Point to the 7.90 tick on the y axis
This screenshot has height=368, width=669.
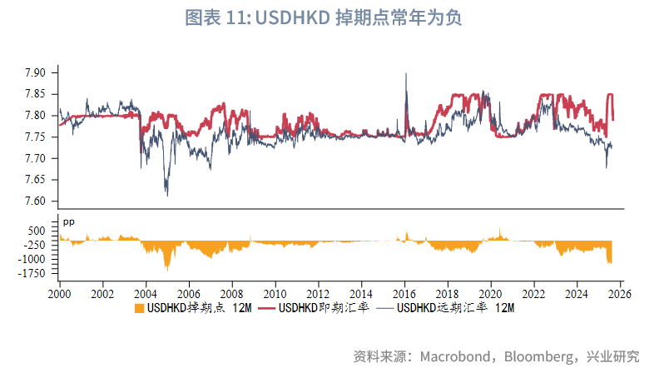tap(36, 72)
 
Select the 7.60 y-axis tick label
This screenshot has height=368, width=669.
tap(36, 201)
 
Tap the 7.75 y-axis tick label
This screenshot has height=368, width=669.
tap(36, 137)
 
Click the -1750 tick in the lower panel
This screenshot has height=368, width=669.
tap(34, 273)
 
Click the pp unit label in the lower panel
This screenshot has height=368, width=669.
tap(69, 221)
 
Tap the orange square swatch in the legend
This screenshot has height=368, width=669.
tap(139, 309)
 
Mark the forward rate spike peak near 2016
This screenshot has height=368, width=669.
tap(405, 74)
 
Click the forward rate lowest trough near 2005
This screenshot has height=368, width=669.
tap(167, 195)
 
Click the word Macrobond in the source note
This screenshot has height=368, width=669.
tap(451, 356)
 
